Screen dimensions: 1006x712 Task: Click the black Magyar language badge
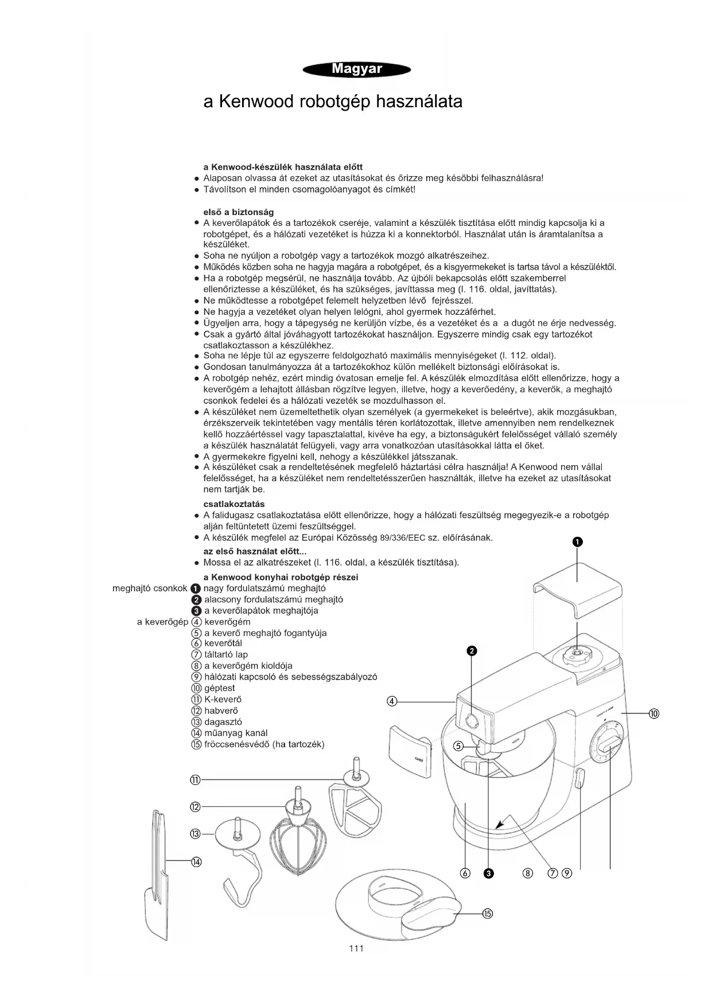click(356, 70)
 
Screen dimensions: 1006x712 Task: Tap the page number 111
click(356, 948)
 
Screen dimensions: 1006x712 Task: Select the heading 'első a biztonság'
click(238, 212)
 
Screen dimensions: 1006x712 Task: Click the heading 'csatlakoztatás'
click(234, 504)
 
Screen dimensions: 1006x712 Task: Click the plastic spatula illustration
click(156, 872)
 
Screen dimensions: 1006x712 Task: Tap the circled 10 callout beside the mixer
click(654, 713)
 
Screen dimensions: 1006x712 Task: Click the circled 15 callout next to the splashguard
click(487, 914)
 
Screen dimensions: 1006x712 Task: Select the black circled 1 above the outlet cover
click(577, 542)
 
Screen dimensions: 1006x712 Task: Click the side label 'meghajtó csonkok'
click(150, 588)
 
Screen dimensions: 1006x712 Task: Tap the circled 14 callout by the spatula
click(196, 861)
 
